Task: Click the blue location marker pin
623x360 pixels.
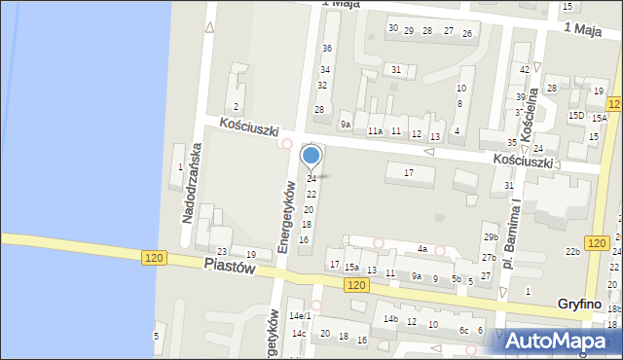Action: coord(311,155)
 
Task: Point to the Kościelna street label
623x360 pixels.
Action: coord(531,115)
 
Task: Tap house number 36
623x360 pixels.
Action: coord(327,49)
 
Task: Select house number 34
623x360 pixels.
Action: coord(325,70)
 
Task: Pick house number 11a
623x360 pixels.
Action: coord(375,130)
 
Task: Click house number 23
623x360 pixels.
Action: coord(222,253)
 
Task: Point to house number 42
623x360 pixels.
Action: coord(525,69)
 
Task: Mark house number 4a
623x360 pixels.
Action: coord(422,249)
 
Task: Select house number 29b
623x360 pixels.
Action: coord(491,237)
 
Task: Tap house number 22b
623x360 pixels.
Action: coord(572,252)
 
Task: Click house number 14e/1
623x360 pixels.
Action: coord(300,316)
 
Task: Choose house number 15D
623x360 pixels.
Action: coord(576,116)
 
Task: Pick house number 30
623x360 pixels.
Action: coord(393,28)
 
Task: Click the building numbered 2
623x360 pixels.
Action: coord(236,107)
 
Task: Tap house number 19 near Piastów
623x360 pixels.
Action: coord(250,255)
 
